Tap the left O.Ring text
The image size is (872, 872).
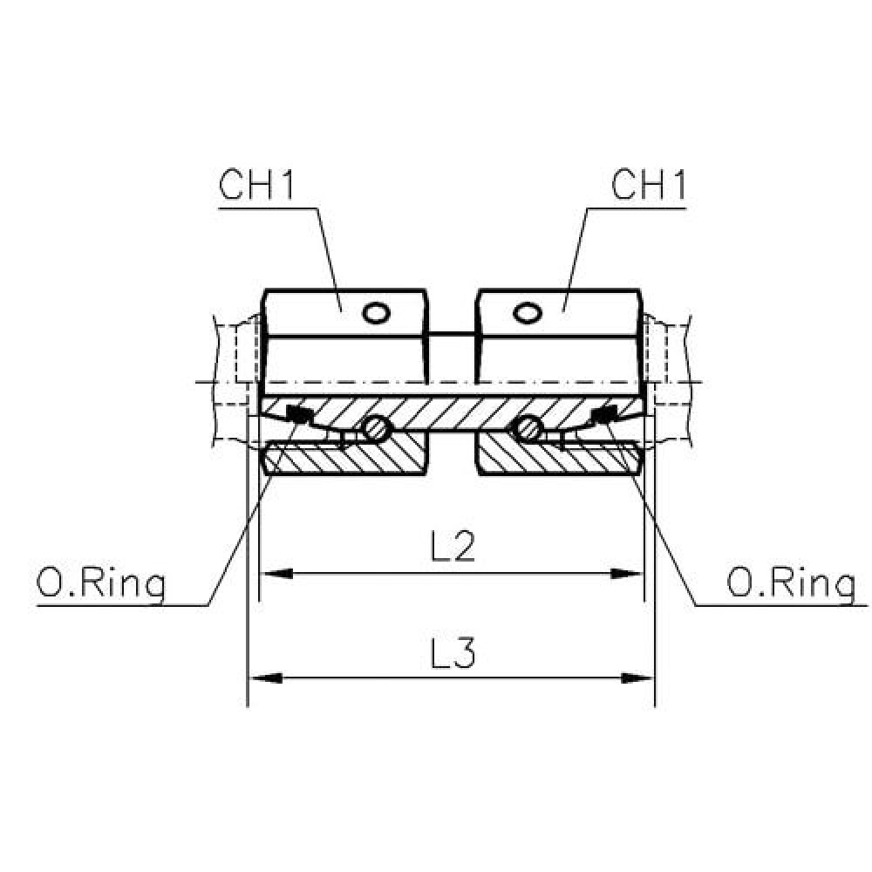coord(101,584)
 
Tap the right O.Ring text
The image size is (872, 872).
coord(792,584)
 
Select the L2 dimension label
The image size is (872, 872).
coord(453,548)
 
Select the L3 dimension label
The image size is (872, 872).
coord(453,652)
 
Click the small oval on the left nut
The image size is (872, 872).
coord(376,312)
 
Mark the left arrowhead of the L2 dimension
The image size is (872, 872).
coord(276,574)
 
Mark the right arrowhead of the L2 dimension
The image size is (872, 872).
coord(627,574)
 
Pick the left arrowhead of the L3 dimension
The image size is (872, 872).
coord(265,678)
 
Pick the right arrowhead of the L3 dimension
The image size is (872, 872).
coord(637,678)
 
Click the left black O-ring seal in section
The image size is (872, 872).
coord(298,414)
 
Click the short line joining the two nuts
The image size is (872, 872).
coord(452,334)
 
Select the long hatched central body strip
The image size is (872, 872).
coord(453,413)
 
